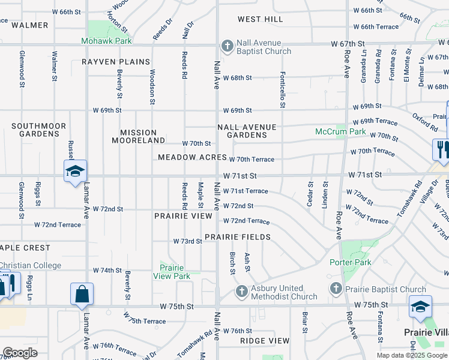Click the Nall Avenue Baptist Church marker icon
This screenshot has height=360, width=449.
(x=228, y=46)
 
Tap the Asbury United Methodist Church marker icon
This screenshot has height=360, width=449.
(x=241, y=291)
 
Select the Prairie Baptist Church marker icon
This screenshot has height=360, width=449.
(x=336, y=290)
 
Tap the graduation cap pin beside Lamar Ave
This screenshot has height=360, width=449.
(x=76, y=172)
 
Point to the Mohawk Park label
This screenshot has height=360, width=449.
(x=106, y=41)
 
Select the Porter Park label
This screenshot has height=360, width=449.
(x=350, y=262)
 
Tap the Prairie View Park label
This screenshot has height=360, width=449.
(x=175, y=272)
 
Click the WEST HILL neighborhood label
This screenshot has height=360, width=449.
(x=260, y=19)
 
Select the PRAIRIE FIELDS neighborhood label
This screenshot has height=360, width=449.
(x=237, y=237)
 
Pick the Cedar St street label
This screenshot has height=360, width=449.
(x=310, y=194)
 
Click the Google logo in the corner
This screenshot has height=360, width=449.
(x=20, y=353)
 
